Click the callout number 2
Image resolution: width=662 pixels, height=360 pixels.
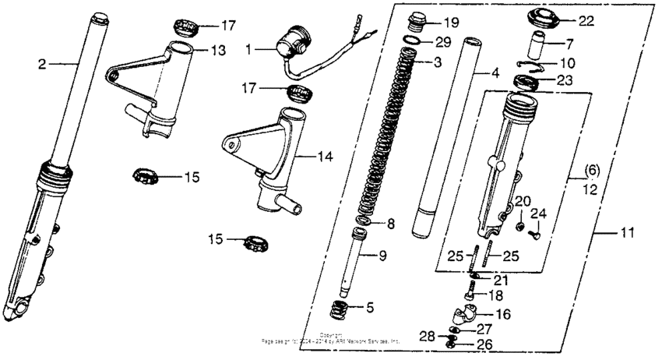pos(42,63)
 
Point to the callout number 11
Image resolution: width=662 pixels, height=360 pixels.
pos(626,233)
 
